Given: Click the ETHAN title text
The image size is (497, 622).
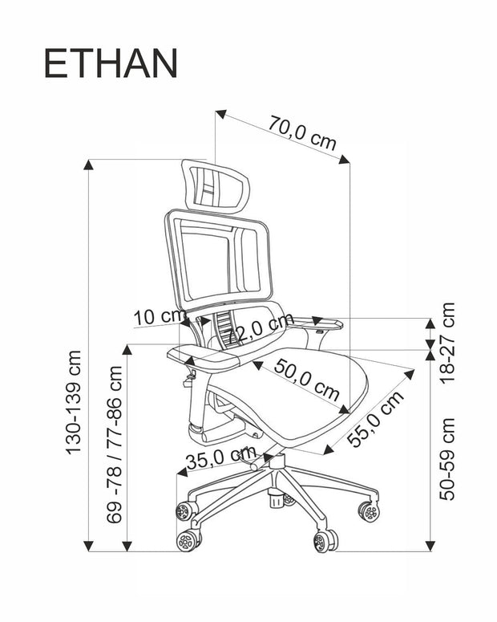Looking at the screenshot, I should (110, 64).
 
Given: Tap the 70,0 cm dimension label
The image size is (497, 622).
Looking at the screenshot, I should (302, 132).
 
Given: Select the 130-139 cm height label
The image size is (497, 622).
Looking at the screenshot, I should (75, 401).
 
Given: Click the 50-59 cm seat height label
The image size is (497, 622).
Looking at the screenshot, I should (447, 458).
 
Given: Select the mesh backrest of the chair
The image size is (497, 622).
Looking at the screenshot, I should (216, 257).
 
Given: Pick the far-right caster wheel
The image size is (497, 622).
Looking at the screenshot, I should (369, 511).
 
